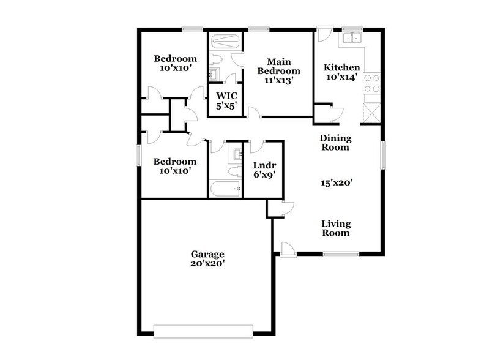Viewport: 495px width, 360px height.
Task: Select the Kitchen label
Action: point(341,67)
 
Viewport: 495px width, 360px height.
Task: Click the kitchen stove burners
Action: point(371,83)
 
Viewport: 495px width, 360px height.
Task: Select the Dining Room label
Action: point(335,143)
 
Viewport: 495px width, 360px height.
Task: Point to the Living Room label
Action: point(335,228)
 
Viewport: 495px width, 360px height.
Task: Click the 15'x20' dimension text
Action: point(335,182)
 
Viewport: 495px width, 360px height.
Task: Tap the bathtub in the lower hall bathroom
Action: point(225,187)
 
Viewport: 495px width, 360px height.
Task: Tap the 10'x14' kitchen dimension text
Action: point(341,78)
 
